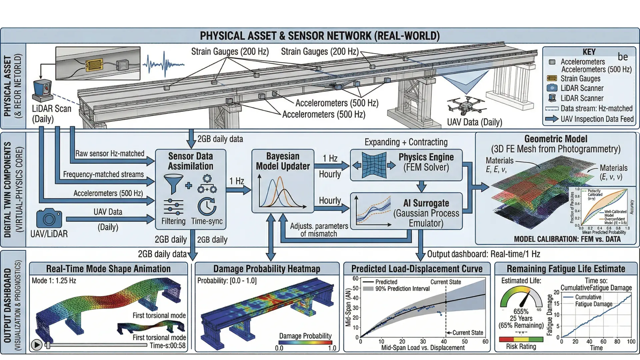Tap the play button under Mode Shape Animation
36,345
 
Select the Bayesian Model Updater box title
283,161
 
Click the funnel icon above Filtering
173,184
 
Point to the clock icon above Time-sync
207,207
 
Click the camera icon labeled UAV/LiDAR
49,218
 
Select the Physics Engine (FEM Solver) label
426,162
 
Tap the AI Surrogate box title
426,203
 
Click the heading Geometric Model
556,139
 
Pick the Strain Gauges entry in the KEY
580,79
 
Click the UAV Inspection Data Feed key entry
597,119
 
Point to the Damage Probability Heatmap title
267,269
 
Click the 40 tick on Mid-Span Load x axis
444,341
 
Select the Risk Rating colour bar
521,339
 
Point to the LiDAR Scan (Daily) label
51,114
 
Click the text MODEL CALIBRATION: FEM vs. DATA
567,239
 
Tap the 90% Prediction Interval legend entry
402,289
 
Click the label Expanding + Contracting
406,142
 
